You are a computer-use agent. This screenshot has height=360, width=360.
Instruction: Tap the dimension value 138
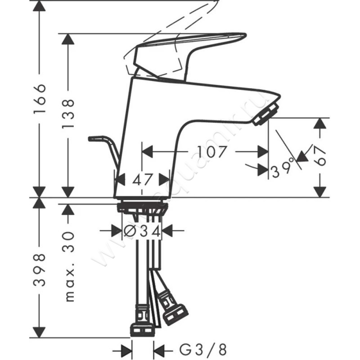coord(68,114)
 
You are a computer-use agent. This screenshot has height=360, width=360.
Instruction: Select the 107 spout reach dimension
coord(212,152)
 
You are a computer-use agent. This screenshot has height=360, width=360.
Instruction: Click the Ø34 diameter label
coord(142,231)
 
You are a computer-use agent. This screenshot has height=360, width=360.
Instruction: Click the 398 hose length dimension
coord(40,270)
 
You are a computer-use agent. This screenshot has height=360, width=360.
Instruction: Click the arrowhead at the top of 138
coord(68,39)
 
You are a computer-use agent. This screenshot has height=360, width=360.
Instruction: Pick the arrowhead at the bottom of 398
coord(40,332)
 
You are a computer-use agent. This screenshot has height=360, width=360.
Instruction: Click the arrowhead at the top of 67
coord(320,124)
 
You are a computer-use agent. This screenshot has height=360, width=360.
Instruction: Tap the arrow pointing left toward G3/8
coord(160,349)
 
